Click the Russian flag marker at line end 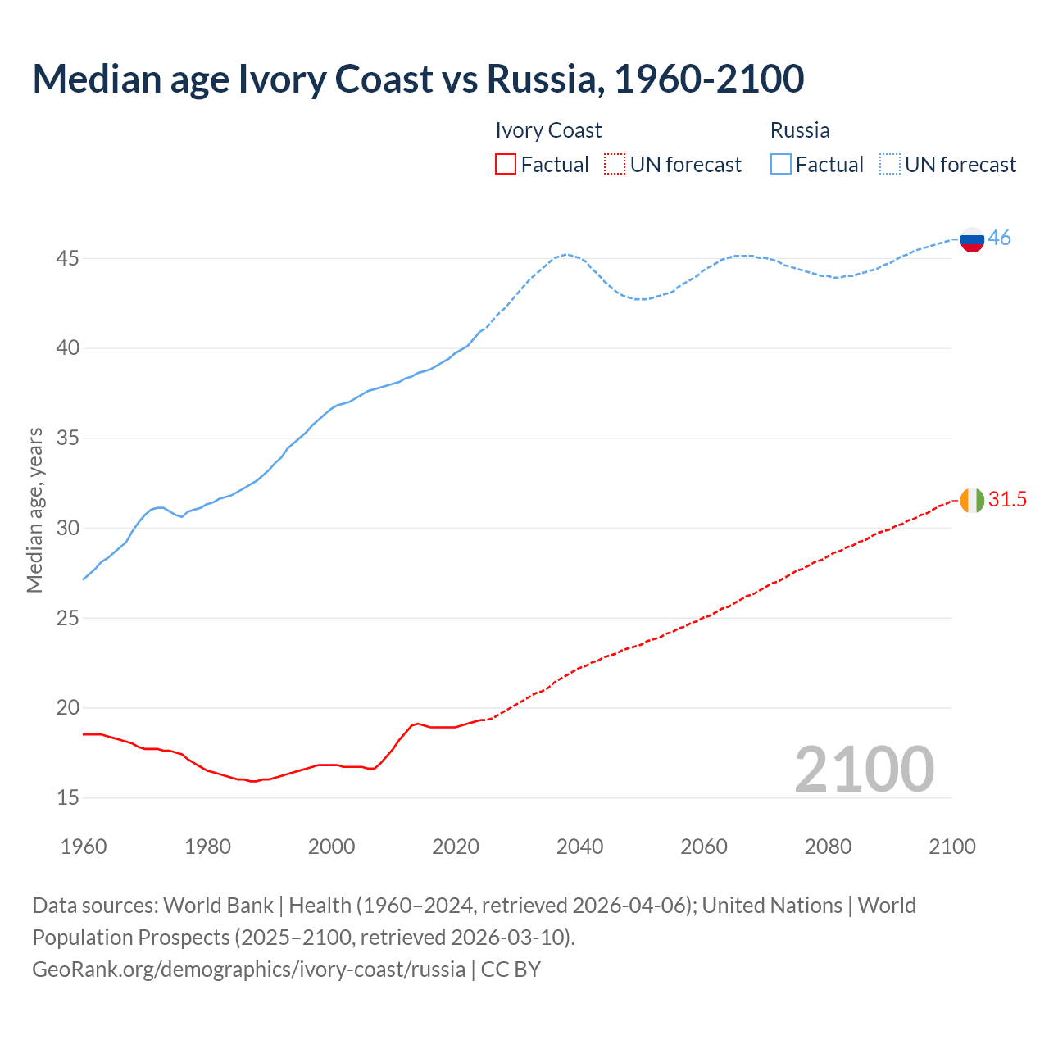tap(972, 239)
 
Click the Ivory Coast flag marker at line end tap(972, 500)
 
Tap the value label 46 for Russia tap(999, 238)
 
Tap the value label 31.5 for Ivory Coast tap(1007, 500)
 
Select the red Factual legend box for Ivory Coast tap(506, 165)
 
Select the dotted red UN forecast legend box tap(615, 165)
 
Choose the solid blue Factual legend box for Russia tap(781, 165)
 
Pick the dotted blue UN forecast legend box tap(889, 165)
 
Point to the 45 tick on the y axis tap(68, 259)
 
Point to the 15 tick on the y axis tap(68, 797)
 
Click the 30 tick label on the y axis tap(68, 529)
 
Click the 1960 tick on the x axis tap(84, 847)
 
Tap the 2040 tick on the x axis tap(579, 847)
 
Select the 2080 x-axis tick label tap(828, 847)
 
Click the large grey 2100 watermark tap(864, 769)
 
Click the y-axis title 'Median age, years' tap(34, 510)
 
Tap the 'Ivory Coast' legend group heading tap(548, 130)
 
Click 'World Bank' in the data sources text tap(218, 906)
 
